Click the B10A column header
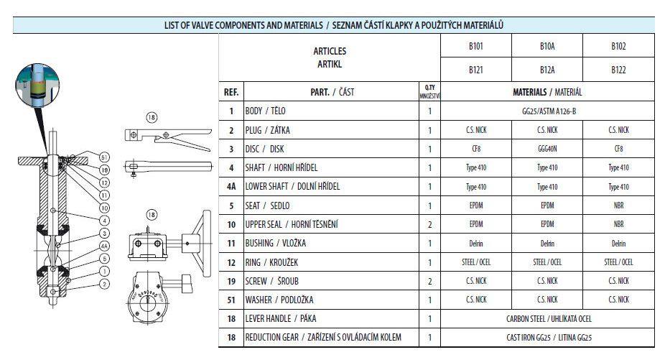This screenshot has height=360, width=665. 547,46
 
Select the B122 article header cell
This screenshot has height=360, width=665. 618,70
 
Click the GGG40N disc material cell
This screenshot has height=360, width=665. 547,149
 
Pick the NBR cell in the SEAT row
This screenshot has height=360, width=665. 618,206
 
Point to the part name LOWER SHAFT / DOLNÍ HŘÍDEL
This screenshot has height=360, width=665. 292,186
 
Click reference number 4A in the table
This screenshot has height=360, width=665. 231,186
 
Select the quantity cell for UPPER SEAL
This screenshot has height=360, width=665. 429,224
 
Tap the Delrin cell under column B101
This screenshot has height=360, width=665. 476,244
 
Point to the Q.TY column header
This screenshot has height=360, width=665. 429,91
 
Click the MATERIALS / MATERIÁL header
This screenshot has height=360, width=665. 547,92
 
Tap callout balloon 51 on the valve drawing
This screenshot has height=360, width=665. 104,157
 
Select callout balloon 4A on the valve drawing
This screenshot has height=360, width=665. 104,246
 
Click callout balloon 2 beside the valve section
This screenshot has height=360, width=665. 104,284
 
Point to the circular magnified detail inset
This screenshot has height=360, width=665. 37,85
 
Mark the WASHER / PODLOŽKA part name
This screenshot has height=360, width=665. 279,300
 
